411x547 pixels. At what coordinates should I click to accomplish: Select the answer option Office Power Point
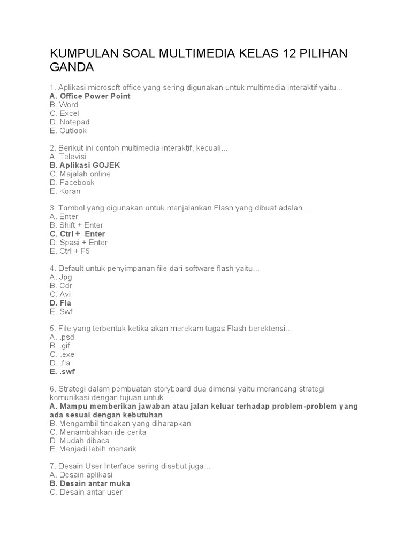click(89, 96)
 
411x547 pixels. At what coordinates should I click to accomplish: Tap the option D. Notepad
click(70, 122)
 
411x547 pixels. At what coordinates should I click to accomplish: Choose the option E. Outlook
click(68, 130)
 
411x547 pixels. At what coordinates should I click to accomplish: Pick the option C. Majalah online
click(80, 174)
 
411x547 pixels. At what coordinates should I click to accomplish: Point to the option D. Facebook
click(72, 182)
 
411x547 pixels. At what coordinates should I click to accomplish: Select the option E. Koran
click(65, 191)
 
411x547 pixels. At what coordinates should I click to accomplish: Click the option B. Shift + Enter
click(76, 225)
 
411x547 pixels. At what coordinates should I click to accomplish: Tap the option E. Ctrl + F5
click(70, 251)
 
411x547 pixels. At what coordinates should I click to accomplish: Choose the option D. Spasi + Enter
click(78, 242)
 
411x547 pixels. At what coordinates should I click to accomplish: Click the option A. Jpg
click(60, 277)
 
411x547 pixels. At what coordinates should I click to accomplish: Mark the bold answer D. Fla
click(60, 303)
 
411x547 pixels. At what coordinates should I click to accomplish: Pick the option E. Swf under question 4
click(61, 311)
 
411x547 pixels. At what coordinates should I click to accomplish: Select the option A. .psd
click(62, 337)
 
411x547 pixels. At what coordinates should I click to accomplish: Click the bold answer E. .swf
click(62, 372)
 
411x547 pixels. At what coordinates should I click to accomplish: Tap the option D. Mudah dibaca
click(79, 441)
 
